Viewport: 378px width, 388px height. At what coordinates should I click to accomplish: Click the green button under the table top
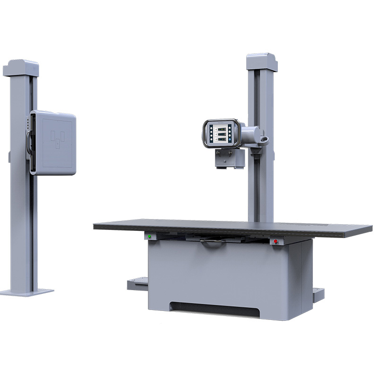click(x=150, y=236)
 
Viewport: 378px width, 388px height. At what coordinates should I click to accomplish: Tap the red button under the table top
click(x=275, y=241)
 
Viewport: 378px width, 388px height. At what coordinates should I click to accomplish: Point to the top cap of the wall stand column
click(x=20, y=68)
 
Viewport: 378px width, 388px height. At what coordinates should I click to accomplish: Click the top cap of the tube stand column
click(x=262, y=61)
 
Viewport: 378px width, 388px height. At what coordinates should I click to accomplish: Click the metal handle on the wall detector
click(x=30, y=142)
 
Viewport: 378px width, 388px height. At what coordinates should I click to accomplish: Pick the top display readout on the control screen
click(x=221, y=127)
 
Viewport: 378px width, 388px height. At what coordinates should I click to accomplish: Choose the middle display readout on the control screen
click(x=221, y=133)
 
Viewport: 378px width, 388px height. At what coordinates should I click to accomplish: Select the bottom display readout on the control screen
click(x=221, y=140)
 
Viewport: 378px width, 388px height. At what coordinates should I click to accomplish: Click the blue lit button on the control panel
click(x=231, y=141)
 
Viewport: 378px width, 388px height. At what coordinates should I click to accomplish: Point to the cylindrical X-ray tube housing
click(x=250, y=135)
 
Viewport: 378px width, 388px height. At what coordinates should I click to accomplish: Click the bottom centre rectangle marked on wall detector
click(x=58, y=145)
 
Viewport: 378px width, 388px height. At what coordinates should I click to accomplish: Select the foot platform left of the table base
click(x=137, y=284)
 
